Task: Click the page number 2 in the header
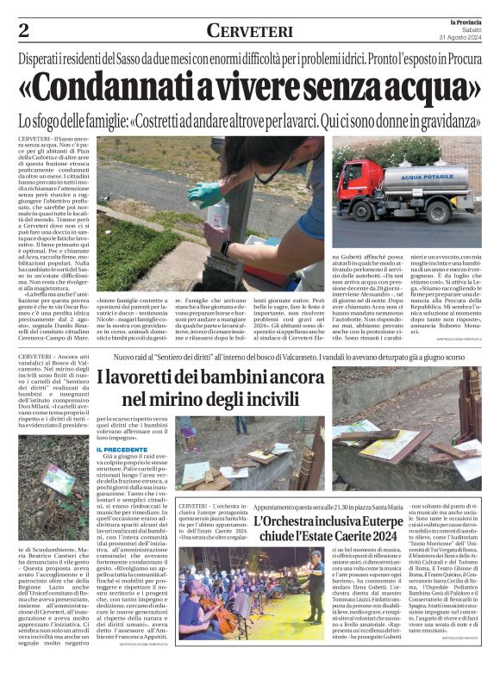[23, 31]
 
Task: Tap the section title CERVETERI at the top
[249, 31]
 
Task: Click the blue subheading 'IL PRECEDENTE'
[121, 450]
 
